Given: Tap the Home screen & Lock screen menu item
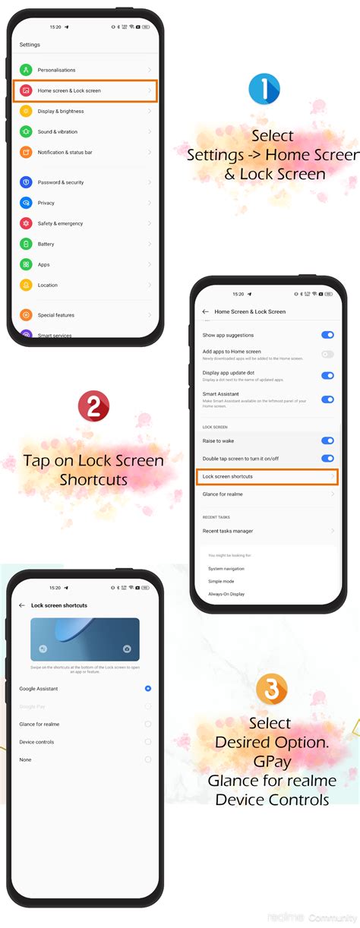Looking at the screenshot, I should click(85, 90).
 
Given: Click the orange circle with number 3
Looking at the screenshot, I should click(271, 689).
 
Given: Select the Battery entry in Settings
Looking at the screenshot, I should click(46, 244).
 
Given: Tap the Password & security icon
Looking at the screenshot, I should click(26, 182).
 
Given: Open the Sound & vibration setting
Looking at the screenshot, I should click(58, 131).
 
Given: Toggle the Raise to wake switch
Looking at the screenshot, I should click(327, 440).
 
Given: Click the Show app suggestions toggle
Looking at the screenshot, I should click(327, 335).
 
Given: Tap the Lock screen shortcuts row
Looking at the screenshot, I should click(267, 476).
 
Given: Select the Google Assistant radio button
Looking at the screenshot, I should click(148, 689).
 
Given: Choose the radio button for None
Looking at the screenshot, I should click(148, 759).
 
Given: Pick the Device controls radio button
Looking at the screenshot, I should click(148, 742).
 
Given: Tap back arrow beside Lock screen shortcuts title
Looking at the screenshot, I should click(21, 605).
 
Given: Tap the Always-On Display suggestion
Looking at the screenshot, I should click(226, 593).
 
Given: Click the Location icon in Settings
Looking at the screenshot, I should click(26, 285).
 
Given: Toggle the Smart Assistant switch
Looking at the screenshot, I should click(327, 399).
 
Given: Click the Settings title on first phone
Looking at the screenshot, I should click(30, 45).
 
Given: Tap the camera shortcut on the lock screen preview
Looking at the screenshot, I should click(127, 649).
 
